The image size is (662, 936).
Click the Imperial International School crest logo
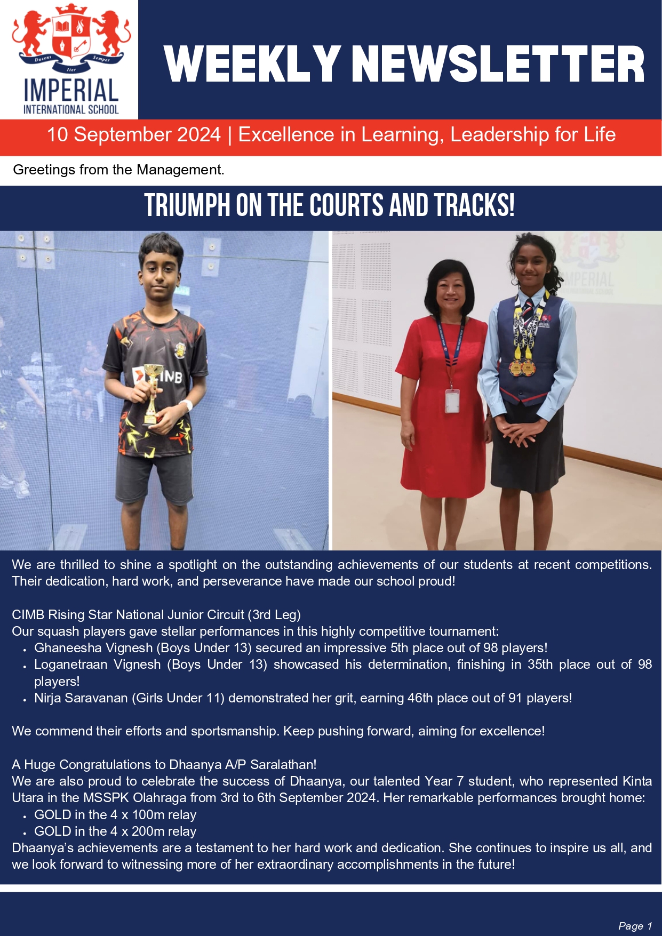71,40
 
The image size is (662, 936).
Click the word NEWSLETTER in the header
498,65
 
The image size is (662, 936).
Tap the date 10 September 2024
133,135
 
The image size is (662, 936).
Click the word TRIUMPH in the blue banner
187,206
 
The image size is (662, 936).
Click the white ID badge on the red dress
452,401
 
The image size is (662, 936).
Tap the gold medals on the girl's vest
523,367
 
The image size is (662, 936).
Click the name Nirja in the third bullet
47,698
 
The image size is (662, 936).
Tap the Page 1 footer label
635,926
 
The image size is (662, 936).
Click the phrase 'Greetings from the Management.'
118,170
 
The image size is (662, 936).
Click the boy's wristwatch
187,405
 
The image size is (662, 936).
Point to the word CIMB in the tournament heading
28,615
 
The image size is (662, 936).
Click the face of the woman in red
451,291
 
